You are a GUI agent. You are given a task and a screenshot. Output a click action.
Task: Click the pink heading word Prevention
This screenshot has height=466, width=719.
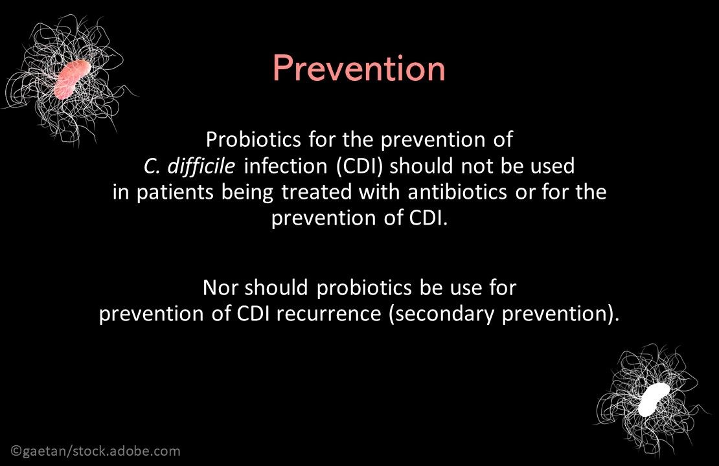(359, 69)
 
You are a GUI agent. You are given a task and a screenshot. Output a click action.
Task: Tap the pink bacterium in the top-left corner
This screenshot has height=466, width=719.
(73, 80)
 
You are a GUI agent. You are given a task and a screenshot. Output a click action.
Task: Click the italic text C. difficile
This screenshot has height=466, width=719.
(190, 167)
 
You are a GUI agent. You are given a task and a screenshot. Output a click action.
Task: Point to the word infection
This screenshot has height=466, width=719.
(286, 167)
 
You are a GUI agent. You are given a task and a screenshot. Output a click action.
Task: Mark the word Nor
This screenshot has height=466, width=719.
(221, 287)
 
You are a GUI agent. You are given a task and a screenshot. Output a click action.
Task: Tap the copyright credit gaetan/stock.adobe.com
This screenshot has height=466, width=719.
(96, 451)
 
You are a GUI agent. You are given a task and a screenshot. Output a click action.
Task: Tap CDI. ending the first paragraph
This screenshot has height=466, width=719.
(428, 219)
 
